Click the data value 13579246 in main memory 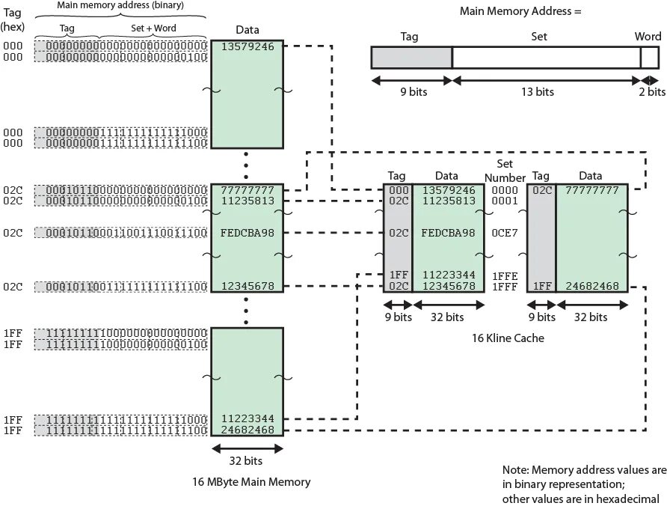pos(248,46)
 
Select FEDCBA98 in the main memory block pos(248,233)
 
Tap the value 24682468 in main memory pos(248,430)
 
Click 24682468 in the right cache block pos(591,286)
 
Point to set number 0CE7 pos(505,233)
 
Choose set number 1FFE pos(505,275)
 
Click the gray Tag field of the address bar pos(411,58)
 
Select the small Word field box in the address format pos(649,58)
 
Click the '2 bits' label pos(651,92)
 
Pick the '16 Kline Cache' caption pos(508,338)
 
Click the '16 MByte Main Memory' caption pos(251,482)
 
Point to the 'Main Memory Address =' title pos(520,11)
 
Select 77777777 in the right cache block pos(591,190)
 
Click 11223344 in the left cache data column pos(448,275)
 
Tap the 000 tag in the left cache pos(397,190)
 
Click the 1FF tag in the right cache pos(541,286)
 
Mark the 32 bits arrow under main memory pos(248,449)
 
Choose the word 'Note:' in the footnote pos(516,470)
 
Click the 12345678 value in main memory pos(248,286)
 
